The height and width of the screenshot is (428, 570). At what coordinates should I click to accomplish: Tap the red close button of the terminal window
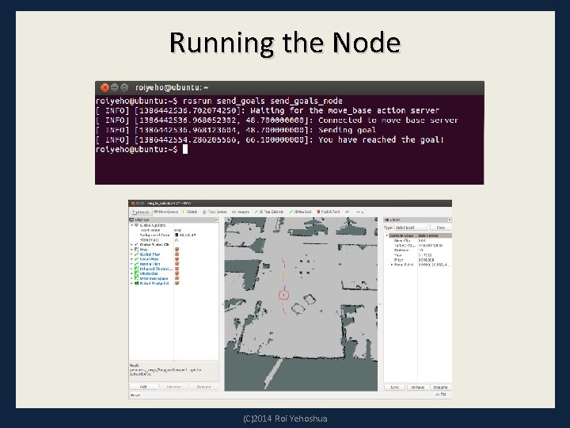102,87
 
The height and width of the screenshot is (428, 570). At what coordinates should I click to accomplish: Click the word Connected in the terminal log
345,120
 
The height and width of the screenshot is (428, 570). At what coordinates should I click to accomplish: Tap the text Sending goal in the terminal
347,129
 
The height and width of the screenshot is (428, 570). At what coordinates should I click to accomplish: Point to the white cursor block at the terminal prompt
185,148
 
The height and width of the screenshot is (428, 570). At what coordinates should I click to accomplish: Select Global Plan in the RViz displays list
150,254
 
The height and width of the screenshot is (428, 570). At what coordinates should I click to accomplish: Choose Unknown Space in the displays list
155,278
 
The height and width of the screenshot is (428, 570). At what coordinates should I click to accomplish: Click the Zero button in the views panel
440,227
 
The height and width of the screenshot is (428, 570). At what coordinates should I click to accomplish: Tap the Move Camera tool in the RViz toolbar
166,212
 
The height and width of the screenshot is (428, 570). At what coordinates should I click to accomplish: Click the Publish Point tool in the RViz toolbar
329,212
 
